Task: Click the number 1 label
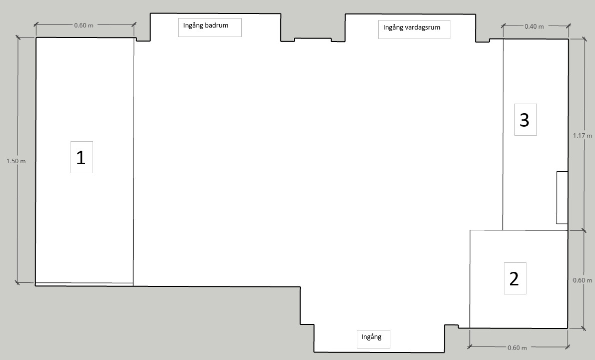(81, 158)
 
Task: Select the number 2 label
(514, 279)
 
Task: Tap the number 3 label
(524, 120)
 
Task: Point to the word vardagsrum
(422, 28)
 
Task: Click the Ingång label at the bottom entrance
(371, 337)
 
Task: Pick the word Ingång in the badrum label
(193, 26)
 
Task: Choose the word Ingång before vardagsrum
(393, 28)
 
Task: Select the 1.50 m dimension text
(16, 161)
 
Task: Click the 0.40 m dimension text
(534, 27)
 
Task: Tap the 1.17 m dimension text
(582, 136)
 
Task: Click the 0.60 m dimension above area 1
(84, 26)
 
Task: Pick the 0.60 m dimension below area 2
(517, 348)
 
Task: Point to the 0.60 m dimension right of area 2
(582, 280)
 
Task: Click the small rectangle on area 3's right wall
(562, 197)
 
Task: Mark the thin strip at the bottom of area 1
(84, 284)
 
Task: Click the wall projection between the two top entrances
(313, 40)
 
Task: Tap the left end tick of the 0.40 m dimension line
(503, 26)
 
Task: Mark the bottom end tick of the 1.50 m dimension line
(17, 282)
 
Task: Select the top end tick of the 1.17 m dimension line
(583, 39)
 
